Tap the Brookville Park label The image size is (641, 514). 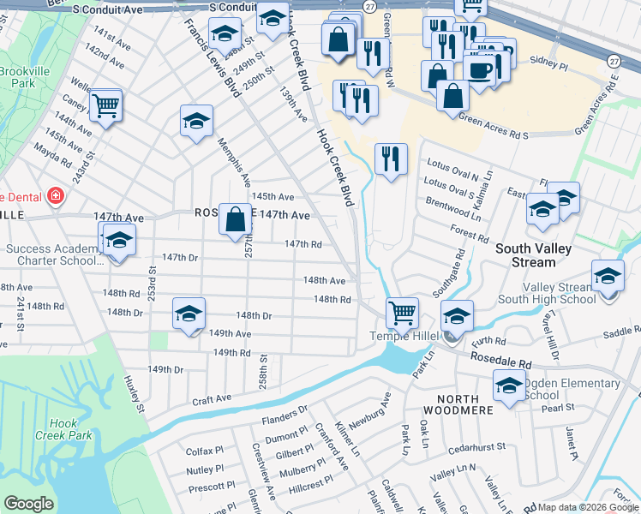(17, 78)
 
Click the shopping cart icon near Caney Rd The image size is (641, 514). (106, 107)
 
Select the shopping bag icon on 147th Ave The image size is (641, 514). (236, 220)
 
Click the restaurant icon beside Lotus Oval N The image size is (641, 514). (391, 158)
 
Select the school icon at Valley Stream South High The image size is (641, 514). (608, 277)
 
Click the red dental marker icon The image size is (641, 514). (56, 196)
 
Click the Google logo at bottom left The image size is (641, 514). (28, 504)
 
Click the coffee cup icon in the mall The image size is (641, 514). (479, 68)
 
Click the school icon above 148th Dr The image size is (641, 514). (189, 314)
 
